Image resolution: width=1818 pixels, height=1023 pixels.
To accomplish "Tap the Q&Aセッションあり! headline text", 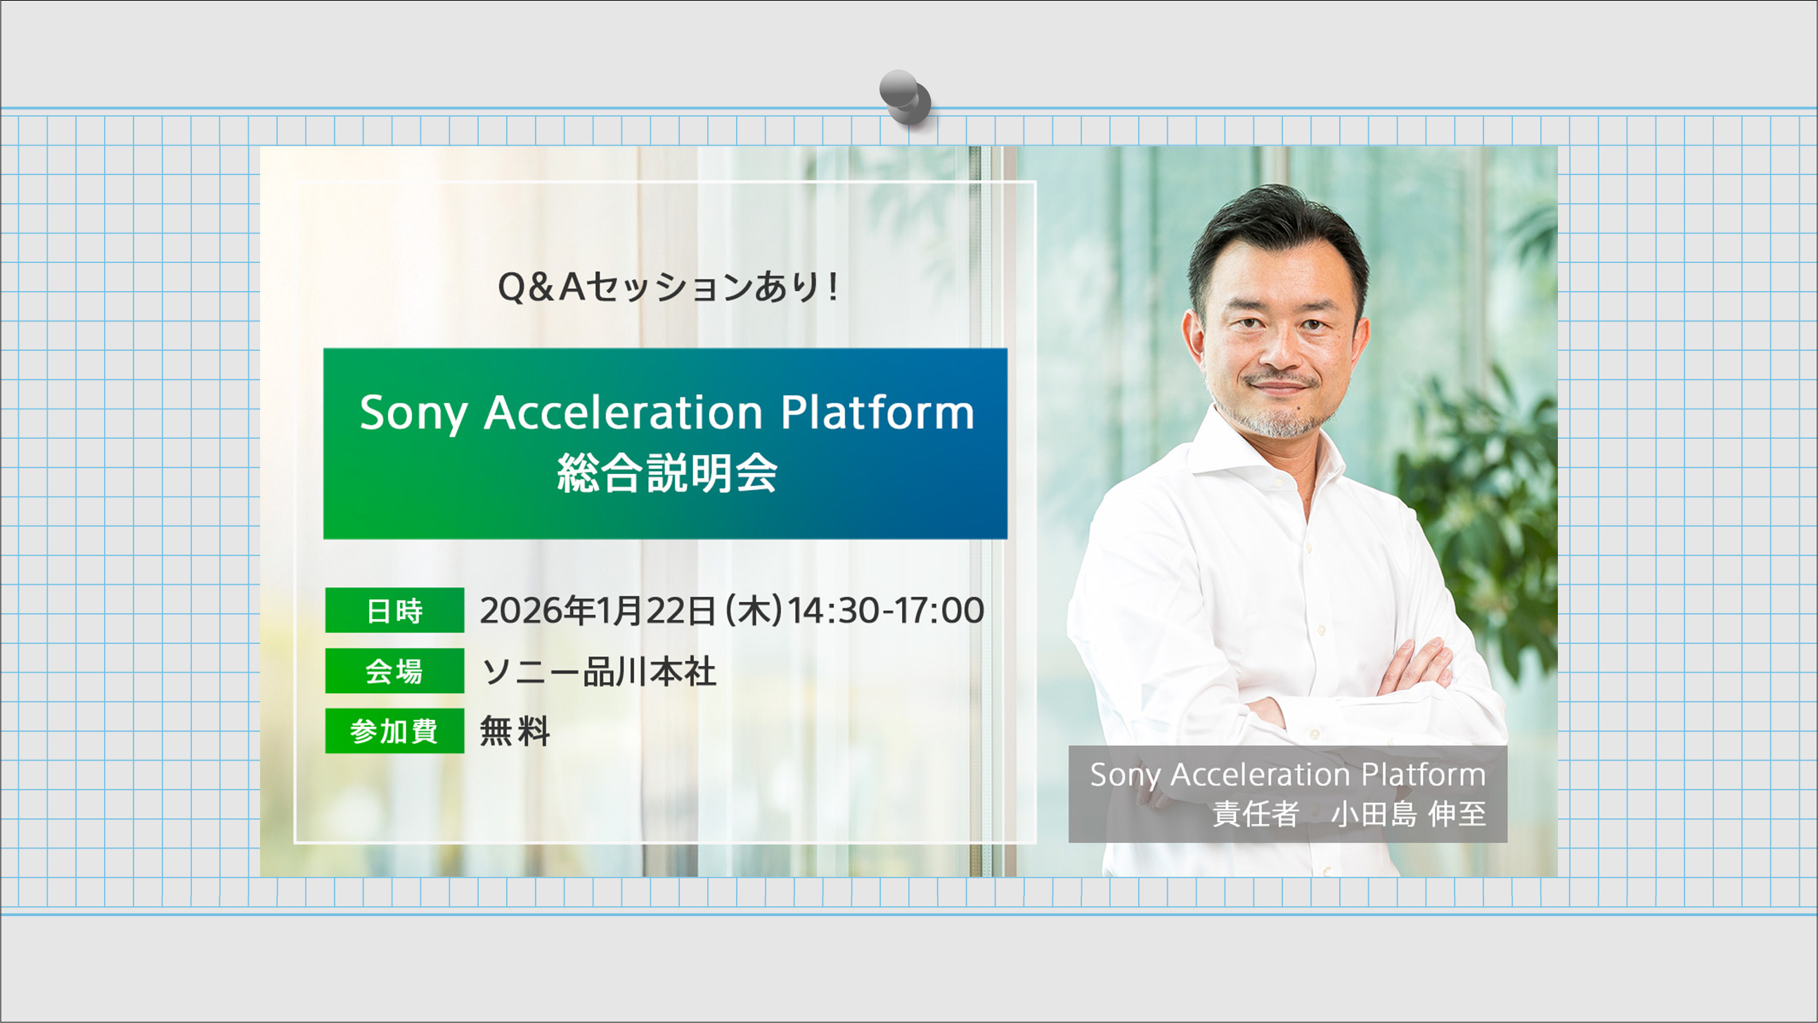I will coord(668,288).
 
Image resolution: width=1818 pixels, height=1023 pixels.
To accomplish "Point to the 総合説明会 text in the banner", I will coord(666,473).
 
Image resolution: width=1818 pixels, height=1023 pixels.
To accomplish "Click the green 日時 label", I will coord(394,610).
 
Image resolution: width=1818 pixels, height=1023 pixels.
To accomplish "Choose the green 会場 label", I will coord(394,671).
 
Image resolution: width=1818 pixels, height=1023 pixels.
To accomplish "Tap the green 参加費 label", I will coord(394,731).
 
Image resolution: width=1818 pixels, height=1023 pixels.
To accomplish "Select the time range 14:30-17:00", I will coord(885,611).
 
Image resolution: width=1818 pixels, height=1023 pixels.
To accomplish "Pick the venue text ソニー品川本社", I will coord(598,671).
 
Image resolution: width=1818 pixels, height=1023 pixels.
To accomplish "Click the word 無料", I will coord(515,731).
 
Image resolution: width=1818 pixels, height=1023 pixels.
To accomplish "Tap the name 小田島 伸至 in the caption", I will coord(1408,814).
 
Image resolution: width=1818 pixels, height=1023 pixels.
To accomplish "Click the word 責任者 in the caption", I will coord(1256,814).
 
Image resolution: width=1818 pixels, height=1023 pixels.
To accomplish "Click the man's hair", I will coord(1277,219).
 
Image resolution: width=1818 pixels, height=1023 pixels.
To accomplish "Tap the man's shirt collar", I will coord(1228,452).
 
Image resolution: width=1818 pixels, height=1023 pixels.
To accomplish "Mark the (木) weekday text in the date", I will coord(754,611).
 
